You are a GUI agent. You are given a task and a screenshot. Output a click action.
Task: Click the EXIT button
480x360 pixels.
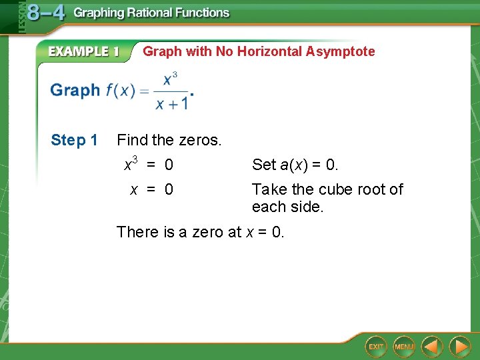[x=376, y=347]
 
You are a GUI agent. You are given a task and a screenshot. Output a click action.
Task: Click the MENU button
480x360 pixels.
[x=404, y=347]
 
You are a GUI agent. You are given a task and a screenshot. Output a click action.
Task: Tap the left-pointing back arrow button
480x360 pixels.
[x=432, y=347]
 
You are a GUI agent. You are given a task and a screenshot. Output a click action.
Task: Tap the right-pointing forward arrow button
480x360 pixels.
[x=459, y=347]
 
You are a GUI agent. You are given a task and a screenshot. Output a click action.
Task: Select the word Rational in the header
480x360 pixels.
[x=151, y=13]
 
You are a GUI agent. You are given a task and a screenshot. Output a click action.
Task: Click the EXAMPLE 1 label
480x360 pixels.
[x=83, y=52]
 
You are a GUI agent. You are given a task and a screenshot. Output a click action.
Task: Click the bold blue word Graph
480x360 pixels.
[x=75, y=91]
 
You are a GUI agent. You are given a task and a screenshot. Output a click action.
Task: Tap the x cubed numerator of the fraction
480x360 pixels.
[x=171, y=79]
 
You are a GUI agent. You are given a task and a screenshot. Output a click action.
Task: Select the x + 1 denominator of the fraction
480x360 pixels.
[x=171, y=104]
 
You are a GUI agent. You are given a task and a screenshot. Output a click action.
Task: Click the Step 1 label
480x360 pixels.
[x=74, y=140]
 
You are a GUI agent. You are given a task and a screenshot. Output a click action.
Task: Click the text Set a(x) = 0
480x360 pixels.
[x=295, y=164]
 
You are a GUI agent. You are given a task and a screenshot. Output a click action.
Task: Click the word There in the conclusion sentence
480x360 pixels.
[x=137, y=232]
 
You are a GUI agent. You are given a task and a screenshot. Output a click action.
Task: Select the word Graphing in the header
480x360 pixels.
[x=99, y=13]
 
